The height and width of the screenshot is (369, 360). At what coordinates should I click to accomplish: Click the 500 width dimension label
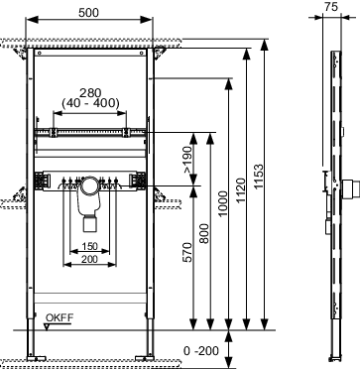pos(88,13)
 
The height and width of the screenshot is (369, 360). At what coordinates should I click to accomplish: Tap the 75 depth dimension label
pos(331,7)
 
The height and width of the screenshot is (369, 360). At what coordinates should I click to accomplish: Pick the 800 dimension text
pos(205,233)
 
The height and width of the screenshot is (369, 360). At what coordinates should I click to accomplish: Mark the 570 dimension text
pos(187,252)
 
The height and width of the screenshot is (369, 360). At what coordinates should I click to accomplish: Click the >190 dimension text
pos(187,160)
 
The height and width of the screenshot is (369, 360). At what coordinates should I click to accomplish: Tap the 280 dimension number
pos(90,93)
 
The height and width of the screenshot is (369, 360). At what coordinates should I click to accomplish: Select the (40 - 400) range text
pos(90,103)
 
